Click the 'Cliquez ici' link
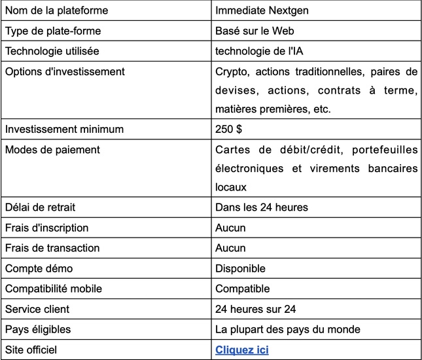[241, 350]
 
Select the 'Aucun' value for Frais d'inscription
[230, 228]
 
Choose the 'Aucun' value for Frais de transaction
[230, 248]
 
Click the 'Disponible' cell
[240, 268]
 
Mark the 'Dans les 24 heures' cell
[261, 207]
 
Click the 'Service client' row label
[37, 309]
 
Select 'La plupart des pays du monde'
[287, 329]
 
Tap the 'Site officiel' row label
[32, 350]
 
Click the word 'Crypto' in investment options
[230, 71]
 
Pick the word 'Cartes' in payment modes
[231, 149]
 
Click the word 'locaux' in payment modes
[230, 187]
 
